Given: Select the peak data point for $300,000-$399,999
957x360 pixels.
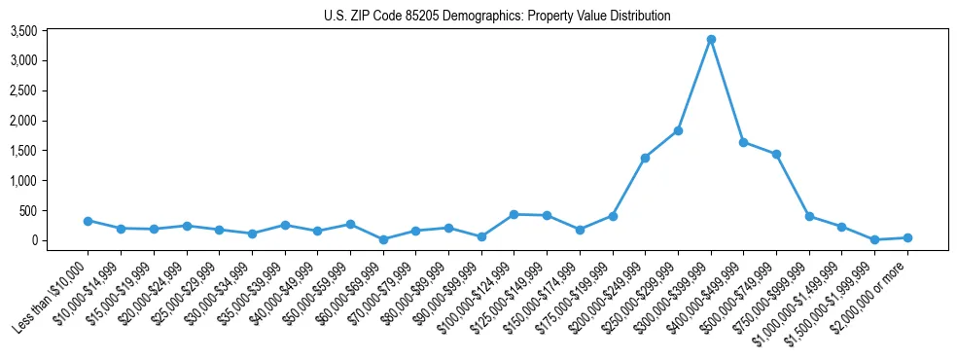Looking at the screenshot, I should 711,39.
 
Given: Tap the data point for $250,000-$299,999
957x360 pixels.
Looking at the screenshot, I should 678,130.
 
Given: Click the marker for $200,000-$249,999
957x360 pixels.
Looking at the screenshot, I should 645,158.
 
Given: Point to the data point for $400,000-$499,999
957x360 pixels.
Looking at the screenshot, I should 743,142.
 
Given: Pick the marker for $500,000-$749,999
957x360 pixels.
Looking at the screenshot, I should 776,154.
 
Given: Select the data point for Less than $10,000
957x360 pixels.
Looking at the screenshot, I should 88,221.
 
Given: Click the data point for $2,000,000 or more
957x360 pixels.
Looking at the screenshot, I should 907,237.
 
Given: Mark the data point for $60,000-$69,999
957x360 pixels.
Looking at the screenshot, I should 382,239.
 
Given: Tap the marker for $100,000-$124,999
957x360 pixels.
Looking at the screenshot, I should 514,214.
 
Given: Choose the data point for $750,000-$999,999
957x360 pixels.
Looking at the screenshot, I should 809,216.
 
